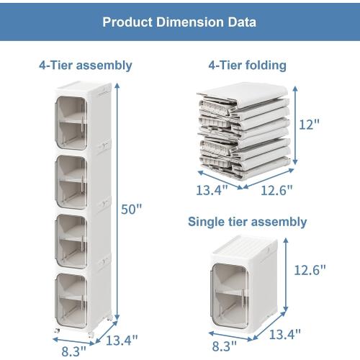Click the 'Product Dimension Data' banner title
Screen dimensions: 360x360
click(179, 22)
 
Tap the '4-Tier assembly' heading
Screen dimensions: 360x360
click(86, 66)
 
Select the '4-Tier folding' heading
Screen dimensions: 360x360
click(247, 66)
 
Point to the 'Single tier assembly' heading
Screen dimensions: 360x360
click(247, 222)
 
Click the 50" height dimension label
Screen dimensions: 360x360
click(132, 209)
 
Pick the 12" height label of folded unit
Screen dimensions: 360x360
click(309, 125)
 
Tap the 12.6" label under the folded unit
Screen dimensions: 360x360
click(276, 190)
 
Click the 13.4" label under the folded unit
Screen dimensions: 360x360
click(212, 190)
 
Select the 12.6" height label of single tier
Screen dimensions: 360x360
click(310, 270)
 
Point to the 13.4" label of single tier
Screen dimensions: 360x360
click(285, 334)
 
